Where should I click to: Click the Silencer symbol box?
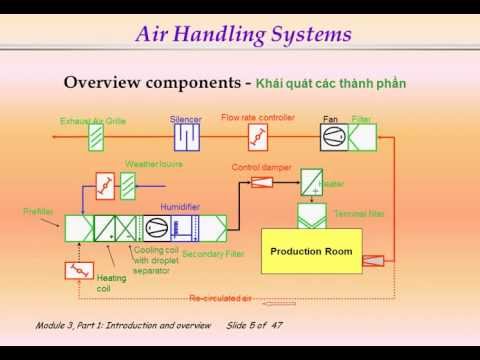coord(186,135)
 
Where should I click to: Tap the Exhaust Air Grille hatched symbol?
coord(96,136)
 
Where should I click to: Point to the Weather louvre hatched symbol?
coord(128,185)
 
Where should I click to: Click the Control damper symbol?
coord(262,182)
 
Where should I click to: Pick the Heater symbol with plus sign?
coord(312,182)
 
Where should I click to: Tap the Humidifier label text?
coord(181,207)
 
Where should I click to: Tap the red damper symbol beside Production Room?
coord(372,260)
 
